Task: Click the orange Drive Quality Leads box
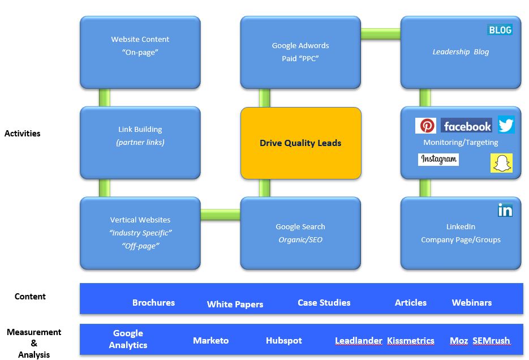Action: point(300,143)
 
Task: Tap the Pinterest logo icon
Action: point(425,126)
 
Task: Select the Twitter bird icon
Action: point(506,125)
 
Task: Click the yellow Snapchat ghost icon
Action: point(501,163)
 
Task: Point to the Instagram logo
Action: point(438,160)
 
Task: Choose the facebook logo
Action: point(467,126)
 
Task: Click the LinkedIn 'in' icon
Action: point(505,210)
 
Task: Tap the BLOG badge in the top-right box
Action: point(500,30)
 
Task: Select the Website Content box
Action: point(140,52)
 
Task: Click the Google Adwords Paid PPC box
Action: point(300,52)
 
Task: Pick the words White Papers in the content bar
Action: point(235,304)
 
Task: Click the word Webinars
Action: point(471,303)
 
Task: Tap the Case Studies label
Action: point(324,303)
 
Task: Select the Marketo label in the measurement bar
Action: point(210,340)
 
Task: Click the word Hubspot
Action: point(283,341)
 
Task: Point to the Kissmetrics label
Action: point(411,341)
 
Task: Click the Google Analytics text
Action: point(128,339)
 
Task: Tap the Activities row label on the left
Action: point(22,134)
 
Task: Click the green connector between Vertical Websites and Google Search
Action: point(220,215)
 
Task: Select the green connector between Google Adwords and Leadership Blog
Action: point(380,34)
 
